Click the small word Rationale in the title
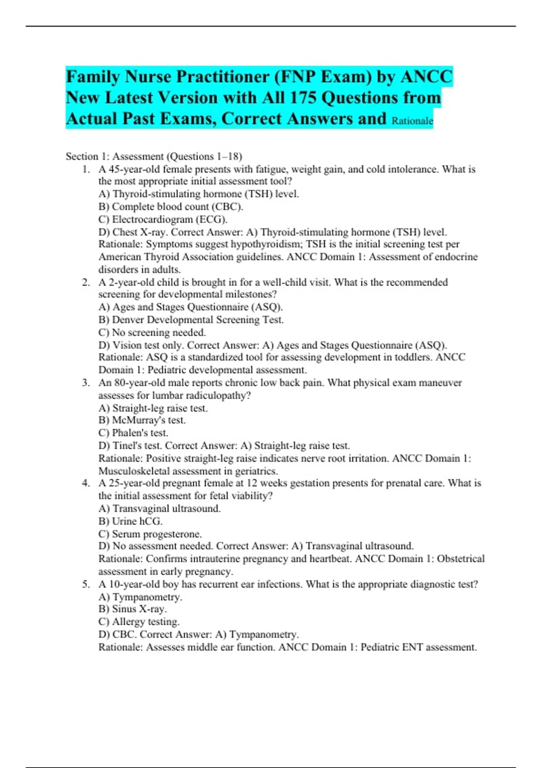point(412,121)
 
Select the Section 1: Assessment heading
point(154,156)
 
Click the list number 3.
point(86,383)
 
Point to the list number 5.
point(86,584)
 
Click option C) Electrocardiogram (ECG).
point(163,219)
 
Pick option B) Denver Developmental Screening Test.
point(191,320)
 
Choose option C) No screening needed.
point(152,332)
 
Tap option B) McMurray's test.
point(142,420)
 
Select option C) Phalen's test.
point(133,433)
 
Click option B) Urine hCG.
point(131,521)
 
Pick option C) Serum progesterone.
point(150,534)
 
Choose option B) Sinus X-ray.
point(133,609)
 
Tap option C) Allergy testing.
point(139,622)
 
